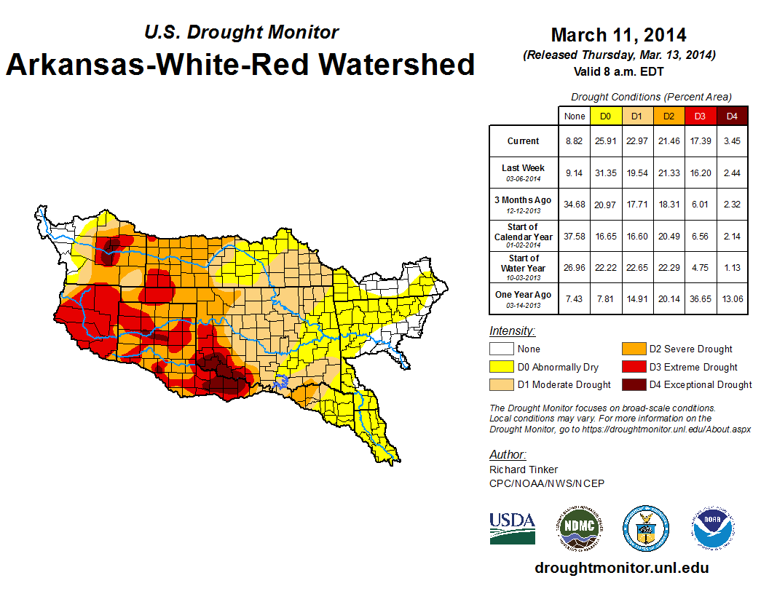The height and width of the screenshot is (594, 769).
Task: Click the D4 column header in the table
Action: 732,116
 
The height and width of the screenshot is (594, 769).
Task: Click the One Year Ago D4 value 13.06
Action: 732,298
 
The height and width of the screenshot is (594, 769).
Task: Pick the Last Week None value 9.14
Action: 575,173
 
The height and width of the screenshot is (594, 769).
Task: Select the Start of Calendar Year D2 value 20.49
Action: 669,236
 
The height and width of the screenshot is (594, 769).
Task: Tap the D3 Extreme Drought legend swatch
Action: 634,367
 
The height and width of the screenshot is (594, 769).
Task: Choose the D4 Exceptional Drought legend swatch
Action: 634,384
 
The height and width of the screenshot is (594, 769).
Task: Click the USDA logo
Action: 512,528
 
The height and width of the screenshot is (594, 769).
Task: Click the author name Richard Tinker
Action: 524,470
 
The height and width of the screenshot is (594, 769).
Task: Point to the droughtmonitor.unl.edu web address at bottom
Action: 621,568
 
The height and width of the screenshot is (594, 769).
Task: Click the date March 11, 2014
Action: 618,35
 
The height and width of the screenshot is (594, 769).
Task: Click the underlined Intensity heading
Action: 512,331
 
